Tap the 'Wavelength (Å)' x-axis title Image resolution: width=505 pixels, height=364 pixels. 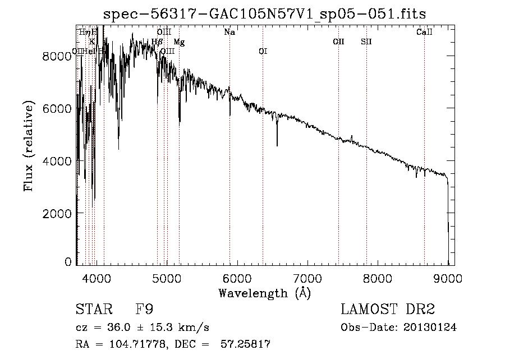[265, 293]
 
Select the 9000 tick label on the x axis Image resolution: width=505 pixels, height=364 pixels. [448, 277]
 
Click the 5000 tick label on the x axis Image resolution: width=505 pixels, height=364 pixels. [167, 277]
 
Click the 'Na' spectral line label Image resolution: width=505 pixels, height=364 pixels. [229, 33]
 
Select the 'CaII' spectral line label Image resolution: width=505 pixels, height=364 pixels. [424, 33]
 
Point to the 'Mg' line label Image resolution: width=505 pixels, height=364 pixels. [178, 42]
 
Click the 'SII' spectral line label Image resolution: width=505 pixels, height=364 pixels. [366, 42]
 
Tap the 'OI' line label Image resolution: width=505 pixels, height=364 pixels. [263, 52]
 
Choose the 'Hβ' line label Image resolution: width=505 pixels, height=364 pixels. [157, 42]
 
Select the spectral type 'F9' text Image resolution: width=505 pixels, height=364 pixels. [145, 310]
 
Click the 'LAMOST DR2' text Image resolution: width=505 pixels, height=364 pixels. [388, 310]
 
